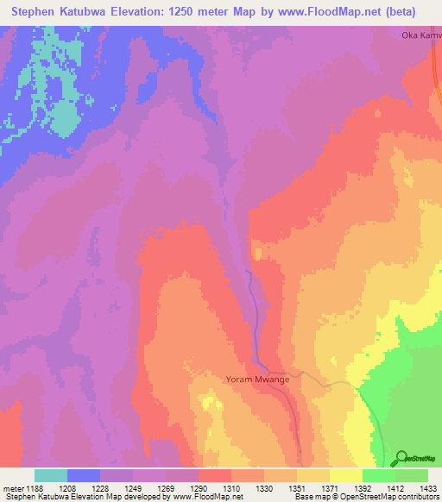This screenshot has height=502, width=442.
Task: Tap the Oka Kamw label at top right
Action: [421, 35]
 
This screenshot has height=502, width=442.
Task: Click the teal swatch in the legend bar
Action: [51, 475]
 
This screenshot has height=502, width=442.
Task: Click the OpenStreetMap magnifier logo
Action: [400, 458]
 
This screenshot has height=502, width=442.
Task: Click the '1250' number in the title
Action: [199, 12]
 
